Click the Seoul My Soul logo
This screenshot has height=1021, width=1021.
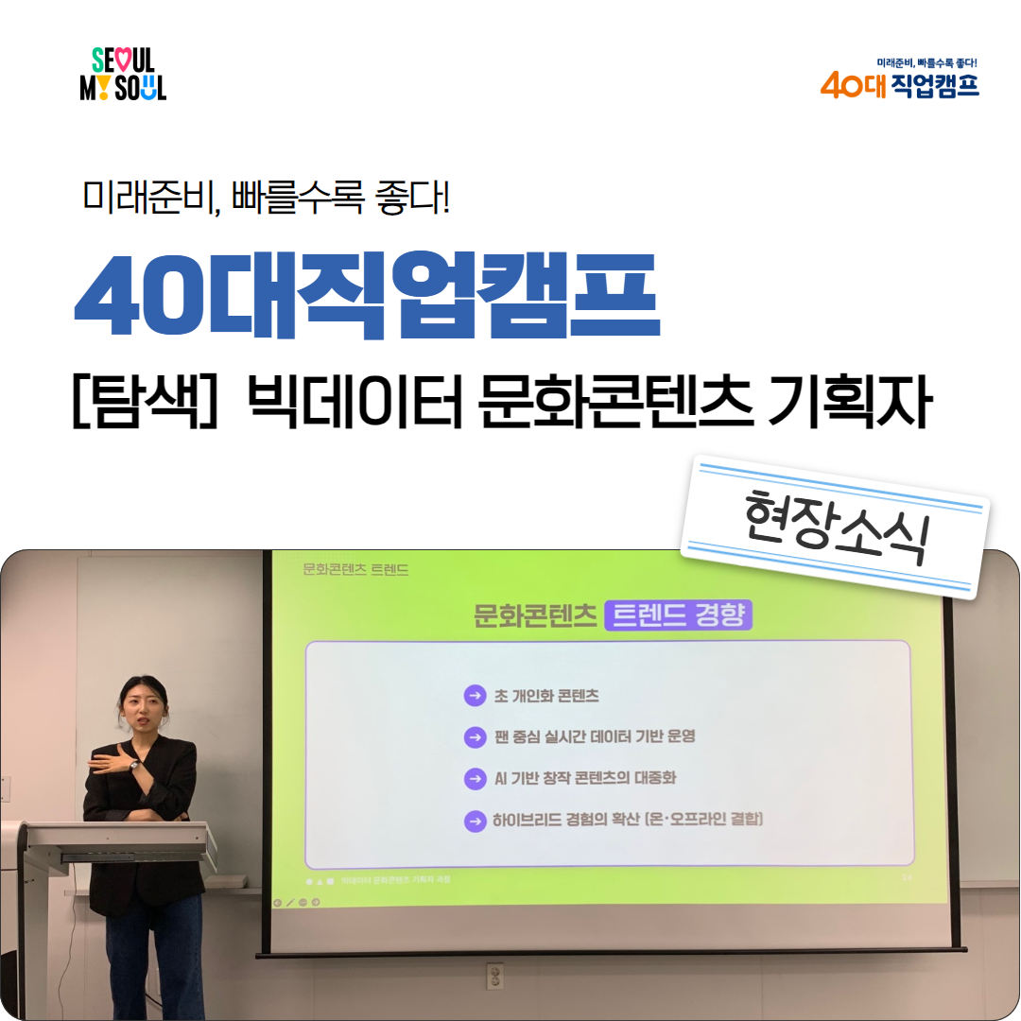[123, 75]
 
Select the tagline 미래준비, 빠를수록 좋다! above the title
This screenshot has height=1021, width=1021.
[266, 195]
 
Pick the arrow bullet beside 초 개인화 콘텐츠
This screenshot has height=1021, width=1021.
[475, 696]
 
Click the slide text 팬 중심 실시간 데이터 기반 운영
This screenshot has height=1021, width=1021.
[595, 735]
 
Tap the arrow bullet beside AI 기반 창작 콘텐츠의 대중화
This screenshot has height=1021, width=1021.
[475, 778]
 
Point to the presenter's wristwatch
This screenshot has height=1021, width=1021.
[133, 766]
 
